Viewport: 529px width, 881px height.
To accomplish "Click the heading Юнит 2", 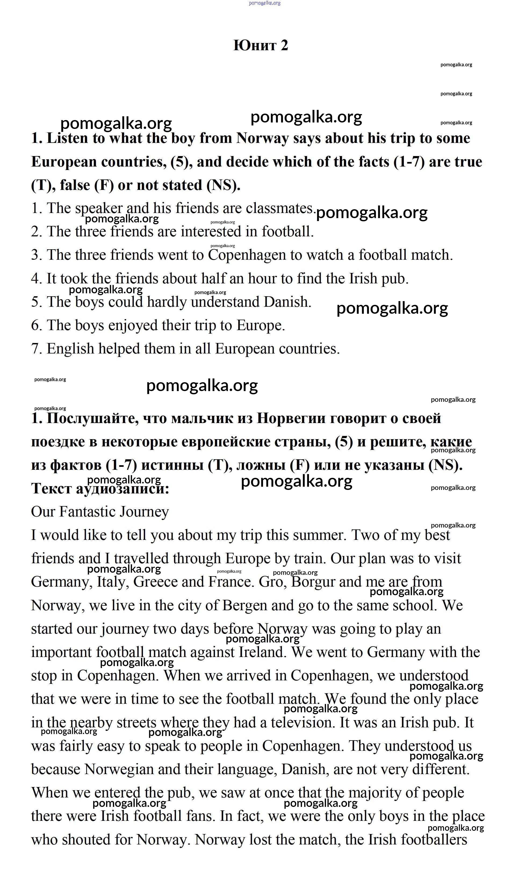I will [x=261, y=45].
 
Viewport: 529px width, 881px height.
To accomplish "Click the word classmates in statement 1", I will [x=279, y=208].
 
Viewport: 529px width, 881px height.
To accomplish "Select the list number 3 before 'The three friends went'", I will [x=36, y=255].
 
